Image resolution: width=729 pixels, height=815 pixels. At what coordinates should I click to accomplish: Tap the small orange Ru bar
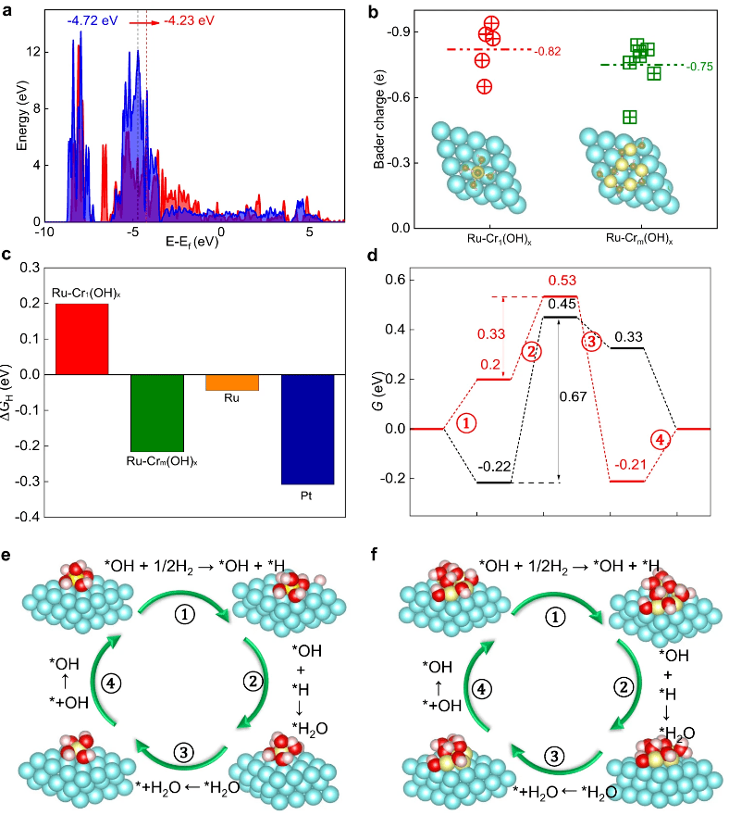coord(232,382)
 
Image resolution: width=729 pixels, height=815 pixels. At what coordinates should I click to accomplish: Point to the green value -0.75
coord(699,67)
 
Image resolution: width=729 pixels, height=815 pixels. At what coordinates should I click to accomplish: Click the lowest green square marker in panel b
coord(630,117)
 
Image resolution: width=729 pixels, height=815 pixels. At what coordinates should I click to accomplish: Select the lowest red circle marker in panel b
coord(484,86)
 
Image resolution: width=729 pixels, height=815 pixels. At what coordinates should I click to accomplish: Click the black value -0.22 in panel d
coord(493,467)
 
